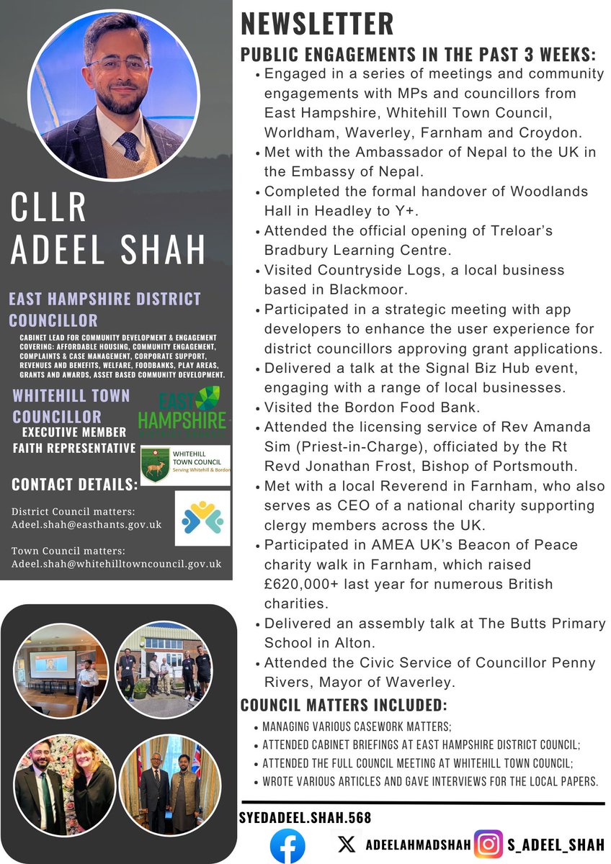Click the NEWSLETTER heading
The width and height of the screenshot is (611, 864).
pyautogui.click(x=317, y=23)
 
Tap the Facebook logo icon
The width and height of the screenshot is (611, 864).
pyautogui.click(x=287, y=846)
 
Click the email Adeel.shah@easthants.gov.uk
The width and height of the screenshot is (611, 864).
pyautogui.click(x=86, y=525)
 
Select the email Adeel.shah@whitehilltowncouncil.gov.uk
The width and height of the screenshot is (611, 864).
pyautogui.click(x=116, y=563)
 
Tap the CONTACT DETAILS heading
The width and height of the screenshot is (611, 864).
pyautogui.click(x=74, y=485)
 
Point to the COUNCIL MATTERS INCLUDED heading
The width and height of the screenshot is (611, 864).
pyautogui.click(x=343, y=703)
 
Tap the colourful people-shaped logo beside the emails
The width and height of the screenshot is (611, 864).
pyautogui.click(x=202, y=518)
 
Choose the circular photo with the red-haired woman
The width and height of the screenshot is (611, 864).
pyautogui.click(x=67, y=775)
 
